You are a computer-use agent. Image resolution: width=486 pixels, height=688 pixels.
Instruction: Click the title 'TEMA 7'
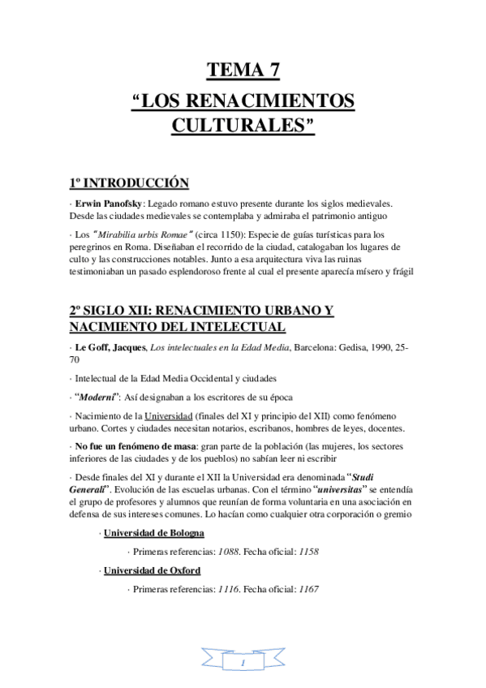pyautogui.click(x=243, y=71)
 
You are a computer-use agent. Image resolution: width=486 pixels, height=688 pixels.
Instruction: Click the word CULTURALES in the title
pyautogui.click(x=243, y=127)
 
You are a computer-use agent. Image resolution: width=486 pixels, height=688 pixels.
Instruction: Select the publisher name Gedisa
pyautogui.click(x=342, y=347)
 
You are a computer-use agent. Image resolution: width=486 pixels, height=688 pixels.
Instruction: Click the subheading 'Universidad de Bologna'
pyautogui.click(x=153, y=533)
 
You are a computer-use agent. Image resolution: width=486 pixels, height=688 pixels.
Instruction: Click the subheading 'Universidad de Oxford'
pyautogui.click(x=152, y=570)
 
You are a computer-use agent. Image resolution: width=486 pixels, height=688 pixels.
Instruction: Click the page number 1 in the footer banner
pyautogui.click(x=243, y=664)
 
